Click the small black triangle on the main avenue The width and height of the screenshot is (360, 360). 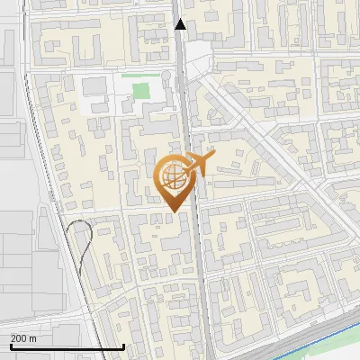coord(180,25)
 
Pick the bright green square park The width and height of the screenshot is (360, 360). coord(140,90)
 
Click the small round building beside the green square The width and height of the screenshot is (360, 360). coord(166,77)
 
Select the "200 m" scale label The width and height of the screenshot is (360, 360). coord(22,338)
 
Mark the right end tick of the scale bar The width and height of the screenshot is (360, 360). coord(123,345)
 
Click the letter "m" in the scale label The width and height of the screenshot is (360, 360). coord(32,338)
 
